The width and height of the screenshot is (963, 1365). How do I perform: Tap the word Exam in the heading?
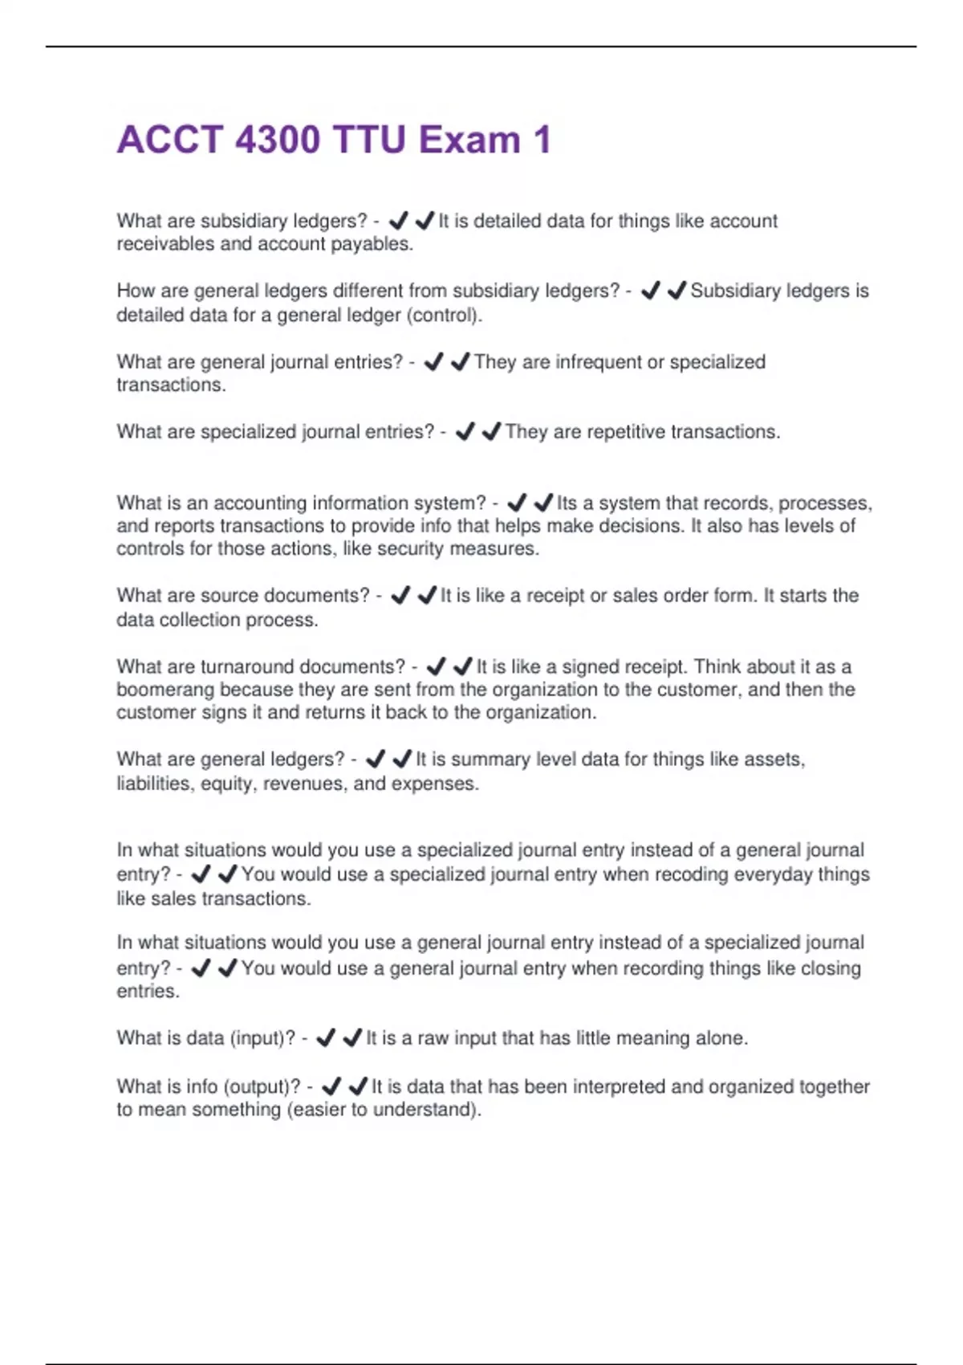469,140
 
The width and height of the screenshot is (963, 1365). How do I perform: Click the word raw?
432,1038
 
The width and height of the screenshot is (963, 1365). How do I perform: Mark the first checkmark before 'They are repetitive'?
465,432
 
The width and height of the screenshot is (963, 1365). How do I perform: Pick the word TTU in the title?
368,140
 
